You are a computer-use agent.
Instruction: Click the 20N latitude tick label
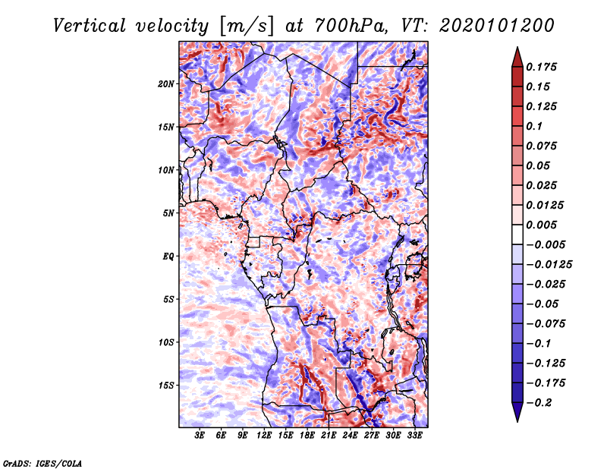click(x=166, y=84)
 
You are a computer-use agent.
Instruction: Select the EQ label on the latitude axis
click(x=168, y=257)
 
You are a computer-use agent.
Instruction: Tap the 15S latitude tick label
click(x=166, y=386)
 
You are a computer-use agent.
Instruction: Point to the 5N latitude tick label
click(x=168, y=213)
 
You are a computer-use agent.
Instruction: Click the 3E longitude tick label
click(x=200, y=436)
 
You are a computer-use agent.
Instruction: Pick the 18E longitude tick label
click(x=307, y=436)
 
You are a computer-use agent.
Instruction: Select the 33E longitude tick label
click(x=414, y=436)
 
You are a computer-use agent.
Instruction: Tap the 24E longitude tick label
click(x=350, y=436)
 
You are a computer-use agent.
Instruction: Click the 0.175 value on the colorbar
click(x=541, y=67)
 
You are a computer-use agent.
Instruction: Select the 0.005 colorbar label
click(x=541, y=225)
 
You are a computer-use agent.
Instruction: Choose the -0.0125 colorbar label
click(x=549, y=265)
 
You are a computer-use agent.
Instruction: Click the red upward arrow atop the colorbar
click(x=517, y=58)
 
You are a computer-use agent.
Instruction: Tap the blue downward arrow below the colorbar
click(x=517, y=411)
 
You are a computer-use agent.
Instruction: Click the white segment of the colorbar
click(x=517, y=234)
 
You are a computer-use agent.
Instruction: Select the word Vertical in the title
click(x=90, y=26)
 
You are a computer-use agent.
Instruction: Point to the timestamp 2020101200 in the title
click(x=497, y=26)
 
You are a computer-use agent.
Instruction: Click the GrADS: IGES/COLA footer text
click(x=42, y=464)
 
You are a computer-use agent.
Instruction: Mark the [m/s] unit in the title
click(x=246, y=27)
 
